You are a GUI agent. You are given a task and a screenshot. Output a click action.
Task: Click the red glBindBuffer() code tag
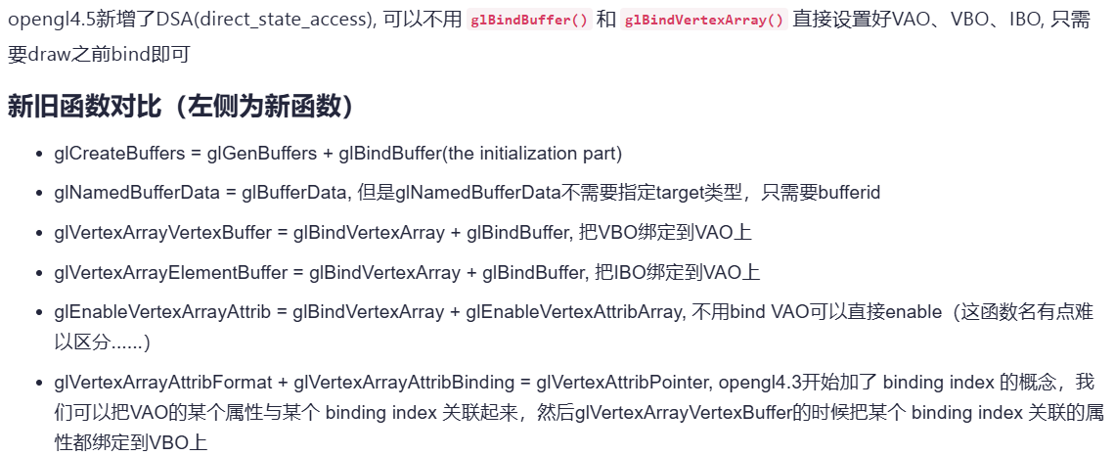tap(528, 22)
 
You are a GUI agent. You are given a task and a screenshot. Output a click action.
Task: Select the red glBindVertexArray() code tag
tap(704, 22)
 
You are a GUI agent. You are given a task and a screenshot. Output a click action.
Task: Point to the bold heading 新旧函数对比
tap(89, 106)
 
